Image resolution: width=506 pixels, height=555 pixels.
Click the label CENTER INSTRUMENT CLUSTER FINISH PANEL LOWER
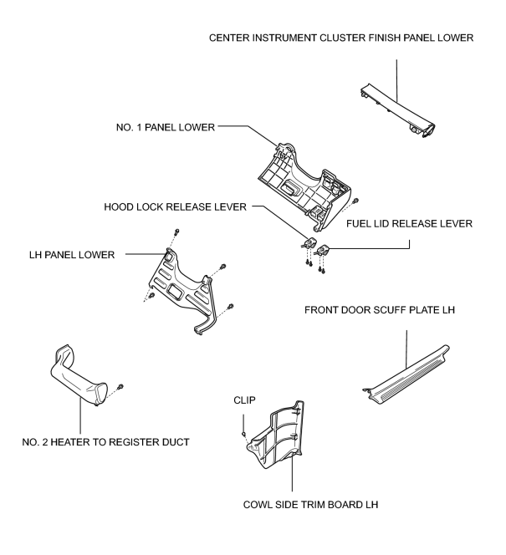click(x=341, y=38)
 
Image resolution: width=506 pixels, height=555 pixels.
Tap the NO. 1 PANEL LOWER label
click(x=166, y=127)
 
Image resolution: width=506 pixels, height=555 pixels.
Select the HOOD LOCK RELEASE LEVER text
click(x=176, y=206)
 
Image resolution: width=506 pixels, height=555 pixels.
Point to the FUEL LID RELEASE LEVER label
click(x=409, y=224)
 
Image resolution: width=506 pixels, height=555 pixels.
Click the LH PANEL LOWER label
click(x=72, y=255)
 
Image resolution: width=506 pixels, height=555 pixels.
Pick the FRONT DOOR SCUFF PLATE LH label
click(x=380, y=310)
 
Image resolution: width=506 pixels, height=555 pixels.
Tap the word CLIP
click(x=244, y=400)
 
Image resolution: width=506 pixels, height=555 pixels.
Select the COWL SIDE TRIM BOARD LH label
click(x=310, y=504)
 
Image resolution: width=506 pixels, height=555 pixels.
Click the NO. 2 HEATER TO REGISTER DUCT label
click(x=105, y=442)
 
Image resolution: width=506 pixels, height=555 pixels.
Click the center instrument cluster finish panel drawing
click(x=396, y=110)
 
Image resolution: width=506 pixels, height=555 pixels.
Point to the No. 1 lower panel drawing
click(x=304, y=187)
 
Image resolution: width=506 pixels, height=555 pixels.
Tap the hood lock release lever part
click(x=309, y=242)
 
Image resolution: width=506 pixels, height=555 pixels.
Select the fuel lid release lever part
click(x=324, y=250)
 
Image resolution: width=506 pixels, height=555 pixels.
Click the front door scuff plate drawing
click(x=406, y=375)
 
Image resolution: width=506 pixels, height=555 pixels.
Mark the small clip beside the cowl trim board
click(x=243, y=434)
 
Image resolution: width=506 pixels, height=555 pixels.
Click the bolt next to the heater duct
click(x=120, y=386)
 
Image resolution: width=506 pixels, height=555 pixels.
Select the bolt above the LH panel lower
click(x=177, y=232)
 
